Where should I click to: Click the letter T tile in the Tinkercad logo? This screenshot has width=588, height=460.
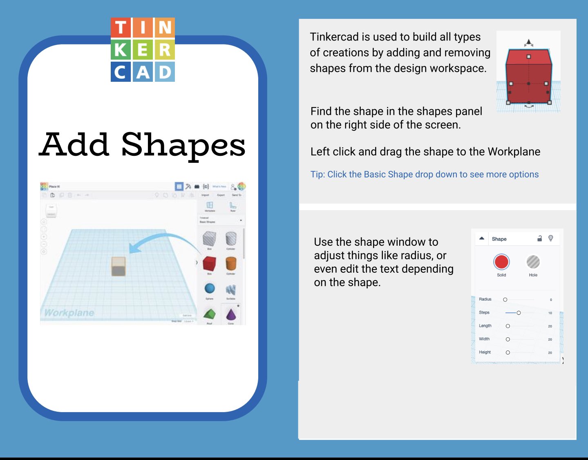click(121, 28)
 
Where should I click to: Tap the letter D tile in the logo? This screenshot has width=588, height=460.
click(165, 72)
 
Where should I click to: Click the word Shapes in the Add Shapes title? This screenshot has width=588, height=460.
click(183, 146)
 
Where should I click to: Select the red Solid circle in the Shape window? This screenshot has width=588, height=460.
click(501, 262)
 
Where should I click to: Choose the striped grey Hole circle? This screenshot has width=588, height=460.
click(533, 262)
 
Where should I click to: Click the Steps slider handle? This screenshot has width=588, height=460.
click(519, 313)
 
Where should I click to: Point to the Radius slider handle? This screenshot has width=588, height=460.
click(505, 300)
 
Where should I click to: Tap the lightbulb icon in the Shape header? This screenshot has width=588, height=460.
click(551, 238)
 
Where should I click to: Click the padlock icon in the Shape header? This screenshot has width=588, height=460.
click(539, 238)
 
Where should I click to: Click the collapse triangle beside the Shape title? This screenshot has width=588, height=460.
click(482, 238)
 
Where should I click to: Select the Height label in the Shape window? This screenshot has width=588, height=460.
click(485, 352)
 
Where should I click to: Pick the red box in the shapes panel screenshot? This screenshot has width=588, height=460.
click(209, 263)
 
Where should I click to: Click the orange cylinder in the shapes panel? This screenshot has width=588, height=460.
click(231, 263)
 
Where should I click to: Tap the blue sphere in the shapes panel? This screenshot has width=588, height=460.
click(210, 289)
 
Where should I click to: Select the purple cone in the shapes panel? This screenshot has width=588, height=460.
click(231, 314)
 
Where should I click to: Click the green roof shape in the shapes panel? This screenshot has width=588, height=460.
click(210, 314)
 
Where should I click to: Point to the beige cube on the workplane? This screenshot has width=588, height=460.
click(118, 266)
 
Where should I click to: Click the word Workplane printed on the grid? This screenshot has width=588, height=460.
click(69, 313)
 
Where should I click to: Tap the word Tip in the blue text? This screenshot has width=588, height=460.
click(317, 174)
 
